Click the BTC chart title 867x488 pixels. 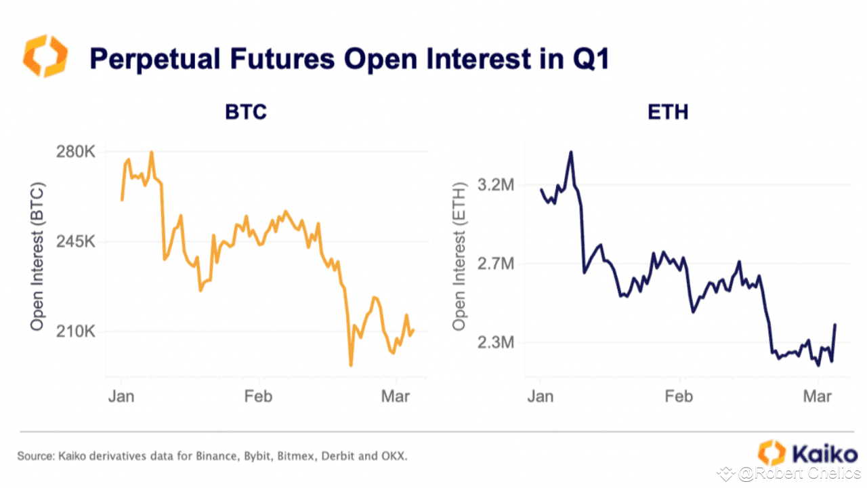pyautogui.click(x=246, y=111)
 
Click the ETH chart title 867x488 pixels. pyautogui.click(x=668, y=111)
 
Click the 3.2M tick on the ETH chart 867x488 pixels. pyautogui.click(x=496, y=184)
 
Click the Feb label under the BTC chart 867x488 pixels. pyautogui.click(x=258, y=396)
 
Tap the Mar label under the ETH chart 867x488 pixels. pyautogui.click(x=818, y=396)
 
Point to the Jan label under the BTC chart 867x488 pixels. pyautogui.click(x=121, y=396)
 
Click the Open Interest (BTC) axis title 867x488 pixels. pyautogui.click(x=37, y=256)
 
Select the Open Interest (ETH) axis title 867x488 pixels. pyautogui.click(x=461, y=256)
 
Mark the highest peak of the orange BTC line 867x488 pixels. pyautogui.click(x=151, y=152)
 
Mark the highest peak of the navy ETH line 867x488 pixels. pyautogui.click(x=571, y=152)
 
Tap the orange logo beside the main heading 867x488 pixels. pyautogui.click(x=46, y=56)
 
